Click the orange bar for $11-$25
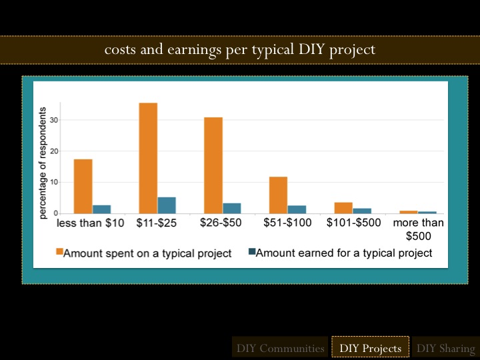click(x=148, y=158)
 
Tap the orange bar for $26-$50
click(x=213, y=165)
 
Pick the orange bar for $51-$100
click(x=278, y=195)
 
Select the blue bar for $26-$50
click(x=231, y=208)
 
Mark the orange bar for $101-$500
click(x=343, y=207)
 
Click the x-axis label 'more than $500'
click(x=418, y=229)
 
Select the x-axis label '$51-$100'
click(x=287, y=223)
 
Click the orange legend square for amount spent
click(x=59, y=253)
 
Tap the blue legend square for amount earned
click(x=251, y=253)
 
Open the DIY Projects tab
click(x=370, y=348)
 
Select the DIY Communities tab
click(x=280, y=348)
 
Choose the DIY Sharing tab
click(x=445, y=348)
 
